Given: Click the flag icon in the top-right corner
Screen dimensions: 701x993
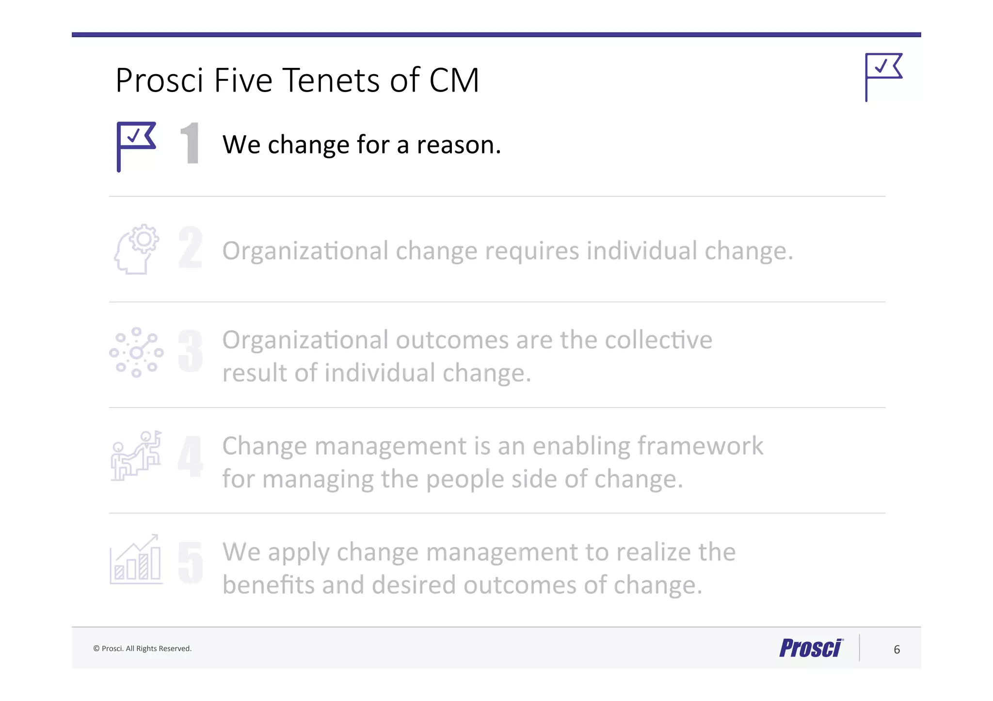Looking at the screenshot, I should [883, 77].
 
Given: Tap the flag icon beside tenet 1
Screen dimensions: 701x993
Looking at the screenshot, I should [136, 146].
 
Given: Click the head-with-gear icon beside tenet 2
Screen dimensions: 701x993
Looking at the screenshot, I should [136, 249].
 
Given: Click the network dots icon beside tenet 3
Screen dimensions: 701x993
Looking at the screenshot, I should [136, 352].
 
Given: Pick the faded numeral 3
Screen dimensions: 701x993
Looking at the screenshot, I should [190, 351].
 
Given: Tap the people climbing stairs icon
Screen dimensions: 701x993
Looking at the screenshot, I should [136, 455].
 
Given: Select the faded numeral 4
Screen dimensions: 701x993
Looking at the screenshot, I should [190, 456].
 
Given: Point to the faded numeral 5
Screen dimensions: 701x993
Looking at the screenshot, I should [190, 562].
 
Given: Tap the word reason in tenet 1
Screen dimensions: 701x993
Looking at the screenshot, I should [458, 145].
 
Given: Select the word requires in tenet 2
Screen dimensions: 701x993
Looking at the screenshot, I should [532, 251].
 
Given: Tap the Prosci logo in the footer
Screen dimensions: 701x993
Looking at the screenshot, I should [811, 648].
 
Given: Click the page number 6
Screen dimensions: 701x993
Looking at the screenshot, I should [897, 649].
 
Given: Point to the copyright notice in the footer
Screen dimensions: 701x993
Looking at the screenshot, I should [143, 649].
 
